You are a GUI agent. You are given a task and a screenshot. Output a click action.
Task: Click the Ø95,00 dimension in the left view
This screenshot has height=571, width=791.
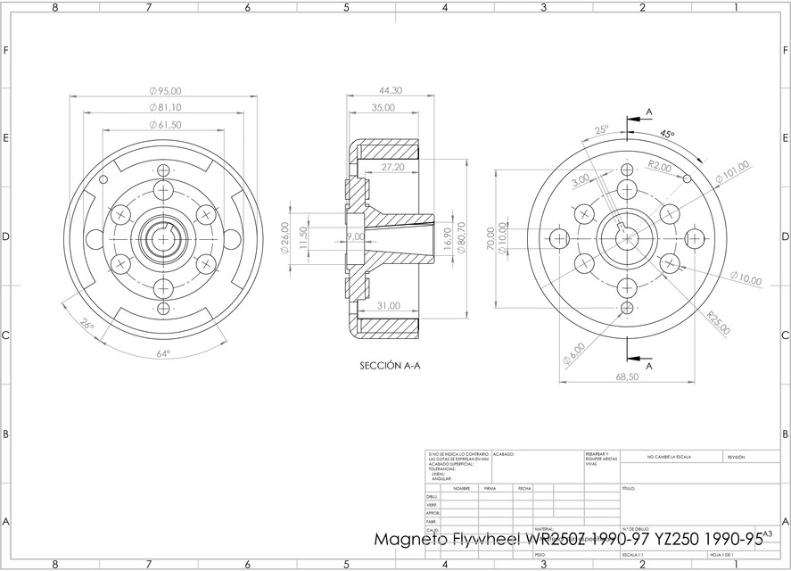click(x=166, y=91)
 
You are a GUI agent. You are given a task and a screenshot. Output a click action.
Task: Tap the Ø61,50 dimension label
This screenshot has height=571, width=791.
click(x=166, y=125)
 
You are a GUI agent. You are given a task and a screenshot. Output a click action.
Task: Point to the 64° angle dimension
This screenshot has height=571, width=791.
click(x=163, y=353)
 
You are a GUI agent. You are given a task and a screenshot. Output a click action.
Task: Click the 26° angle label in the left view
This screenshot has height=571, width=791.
click(x=86, y=326)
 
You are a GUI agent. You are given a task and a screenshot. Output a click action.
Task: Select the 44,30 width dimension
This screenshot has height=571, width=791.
click(x=390, y=91)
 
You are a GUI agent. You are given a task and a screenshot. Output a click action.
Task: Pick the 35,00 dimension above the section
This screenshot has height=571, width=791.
click(x=383, y=108)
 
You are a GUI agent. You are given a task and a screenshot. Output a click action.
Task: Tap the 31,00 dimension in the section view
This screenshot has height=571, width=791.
click(x=389, y=306)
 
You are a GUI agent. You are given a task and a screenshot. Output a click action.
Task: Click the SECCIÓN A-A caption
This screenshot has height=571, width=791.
click(x=390, y=365)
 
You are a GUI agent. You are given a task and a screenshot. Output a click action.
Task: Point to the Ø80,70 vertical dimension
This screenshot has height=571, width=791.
click(x=462, y=237)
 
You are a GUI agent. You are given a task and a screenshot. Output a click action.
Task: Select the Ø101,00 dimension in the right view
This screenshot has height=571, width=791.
click(x=732, y=174)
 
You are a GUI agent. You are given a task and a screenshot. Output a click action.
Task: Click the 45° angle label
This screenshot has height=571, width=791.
click(x=667, y=133)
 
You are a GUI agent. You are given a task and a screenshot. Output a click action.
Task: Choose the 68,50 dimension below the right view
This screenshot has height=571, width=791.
click(x=628, y=377)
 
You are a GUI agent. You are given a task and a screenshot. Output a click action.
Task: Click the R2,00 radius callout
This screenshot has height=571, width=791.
click(x=660, y=166)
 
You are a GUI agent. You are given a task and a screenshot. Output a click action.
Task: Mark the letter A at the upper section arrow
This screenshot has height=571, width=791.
click(x=648, y=112)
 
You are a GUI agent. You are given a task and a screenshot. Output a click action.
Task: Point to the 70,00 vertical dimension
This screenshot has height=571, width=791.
click(x=490, y=238)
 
